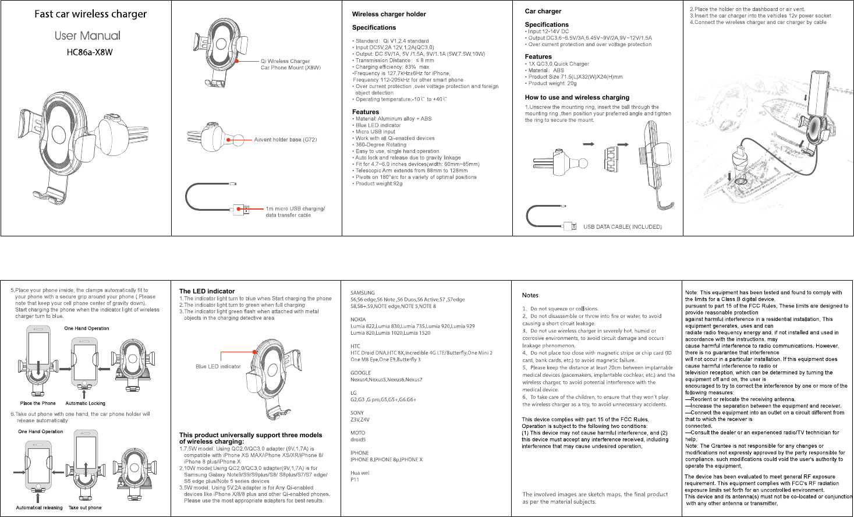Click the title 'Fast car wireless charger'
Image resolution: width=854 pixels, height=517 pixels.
coord(90,14)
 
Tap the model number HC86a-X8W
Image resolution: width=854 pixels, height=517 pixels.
coord(90,52)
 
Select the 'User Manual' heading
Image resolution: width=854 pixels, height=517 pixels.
coord(87,36)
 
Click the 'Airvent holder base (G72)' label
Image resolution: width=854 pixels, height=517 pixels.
coord(285,140)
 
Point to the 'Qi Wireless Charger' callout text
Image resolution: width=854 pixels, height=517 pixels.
coord(285,61)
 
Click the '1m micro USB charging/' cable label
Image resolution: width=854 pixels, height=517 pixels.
coord(295,208)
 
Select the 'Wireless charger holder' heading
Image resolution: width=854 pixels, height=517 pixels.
coord(389,14)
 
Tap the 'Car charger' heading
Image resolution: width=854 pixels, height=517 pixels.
coord(543,11)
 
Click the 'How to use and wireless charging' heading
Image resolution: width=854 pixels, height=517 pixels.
coord(577,97)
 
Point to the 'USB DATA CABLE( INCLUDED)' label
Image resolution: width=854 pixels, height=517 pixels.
coord(622,227)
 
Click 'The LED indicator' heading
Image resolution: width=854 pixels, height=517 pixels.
coord(207,291)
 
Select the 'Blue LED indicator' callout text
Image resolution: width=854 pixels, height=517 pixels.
coord(218,367)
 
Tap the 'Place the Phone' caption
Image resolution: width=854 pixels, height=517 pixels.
coord(38,403)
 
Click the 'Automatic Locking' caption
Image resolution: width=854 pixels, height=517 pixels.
coord(85,403)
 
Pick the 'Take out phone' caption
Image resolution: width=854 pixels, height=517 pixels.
coord(85,508)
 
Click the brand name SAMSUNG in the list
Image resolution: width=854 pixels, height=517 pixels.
coord(363,293)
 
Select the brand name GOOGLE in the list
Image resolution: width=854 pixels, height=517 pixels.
coord(360,373)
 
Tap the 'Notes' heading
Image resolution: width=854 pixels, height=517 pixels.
coord(530,295)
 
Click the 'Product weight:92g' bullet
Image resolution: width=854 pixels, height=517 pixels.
coord(378,184)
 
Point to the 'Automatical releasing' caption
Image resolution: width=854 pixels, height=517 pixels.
coord(39,508)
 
